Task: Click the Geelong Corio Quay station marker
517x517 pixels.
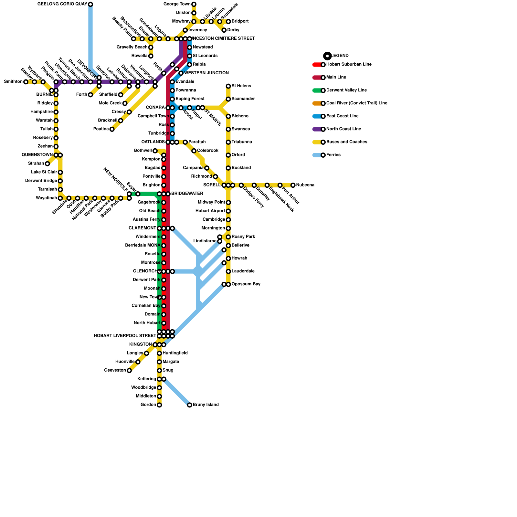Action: (x=90, y=4)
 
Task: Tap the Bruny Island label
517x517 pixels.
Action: (x=206, y=405)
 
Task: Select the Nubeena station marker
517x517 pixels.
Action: (x=293, y=185)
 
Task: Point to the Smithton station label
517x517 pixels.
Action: (x=13, y=82)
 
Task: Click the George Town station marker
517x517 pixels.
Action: (x=194, y=4)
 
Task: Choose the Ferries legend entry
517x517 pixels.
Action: (x=333, y=155)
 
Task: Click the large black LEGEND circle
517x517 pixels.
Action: (x=327, y=56)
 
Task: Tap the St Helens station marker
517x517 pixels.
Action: (x=228, y=86)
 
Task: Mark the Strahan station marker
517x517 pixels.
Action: (x=47, y=164)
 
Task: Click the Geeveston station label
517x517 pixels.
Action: (x=115, y=370)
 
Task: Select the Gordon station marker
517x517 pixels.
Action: (x=159, y=405)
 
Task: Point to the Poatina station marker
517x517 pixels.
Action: (x=112, y=129)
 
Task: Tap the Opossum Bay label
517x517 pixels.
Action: (x=246, y=284)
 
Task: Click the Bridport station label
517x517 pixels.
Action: (x=240, y=21)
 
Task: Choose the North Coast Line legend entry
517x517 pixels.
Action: (x=343, y=129)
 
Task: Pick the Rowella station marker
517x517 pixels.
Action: (x=151, y=56)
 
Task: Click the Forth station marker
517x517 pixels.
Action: (x=90, y=95)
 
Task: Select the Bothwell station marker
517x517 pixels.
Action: (x=155, y=151)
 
